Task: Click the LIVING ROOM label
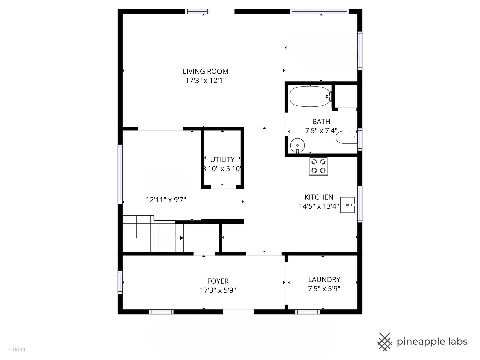[205, 71]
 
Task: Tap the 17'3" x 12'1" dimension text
[205, 81]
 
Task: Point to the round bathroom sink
[297, 145]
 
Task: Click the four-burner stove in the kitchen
[318, 166]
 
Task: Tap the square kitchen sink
[348, 205]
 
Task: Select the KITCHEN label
[319, 197]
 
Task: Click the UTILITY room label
[222, 160]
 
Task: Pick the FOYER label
[218, 281]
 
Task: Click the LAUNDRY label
[324, 280]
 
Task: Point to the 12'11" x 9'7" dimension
[166, 200]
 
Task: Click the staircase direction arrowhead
[182, 238]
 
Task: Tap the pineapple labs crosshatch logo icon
[385, 342]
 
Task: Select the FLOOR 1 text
[17, 350]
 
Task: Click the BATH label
[321, 122]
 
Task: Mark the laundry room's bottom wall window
[307, 312]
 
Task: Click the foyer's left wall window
[120, 282]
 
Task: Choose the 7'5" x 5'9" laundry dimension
[324, 289]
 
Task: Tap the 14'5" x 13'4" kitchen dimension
[319, 206]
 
